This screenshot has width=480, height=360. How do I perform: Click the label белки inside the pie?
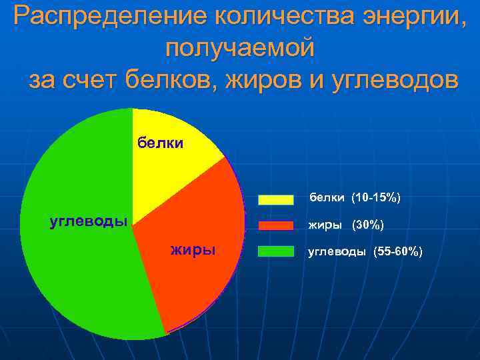[x=160, y=142]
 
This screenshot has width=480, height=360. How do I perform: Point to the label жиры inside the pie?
[x=193, y=250]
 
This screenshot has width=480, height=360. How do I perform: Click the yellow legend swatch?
[x=276, y=199]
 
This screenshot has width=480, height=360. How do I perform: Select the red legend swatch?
[x=276, y=225]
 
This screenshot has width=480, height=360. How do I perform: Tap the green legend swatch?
[x=276, y=251]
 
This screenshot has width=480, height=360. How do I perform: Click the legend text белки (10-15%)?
[x=354, y=198]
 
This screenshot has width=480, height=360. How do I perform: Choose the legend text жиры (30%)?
[x=345, y=225]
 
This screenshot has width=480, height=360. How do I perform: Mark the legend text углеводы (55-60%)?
[x=364, y=251]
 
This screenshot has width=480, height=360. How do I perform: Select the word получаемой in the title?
[x=239, y=48]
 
